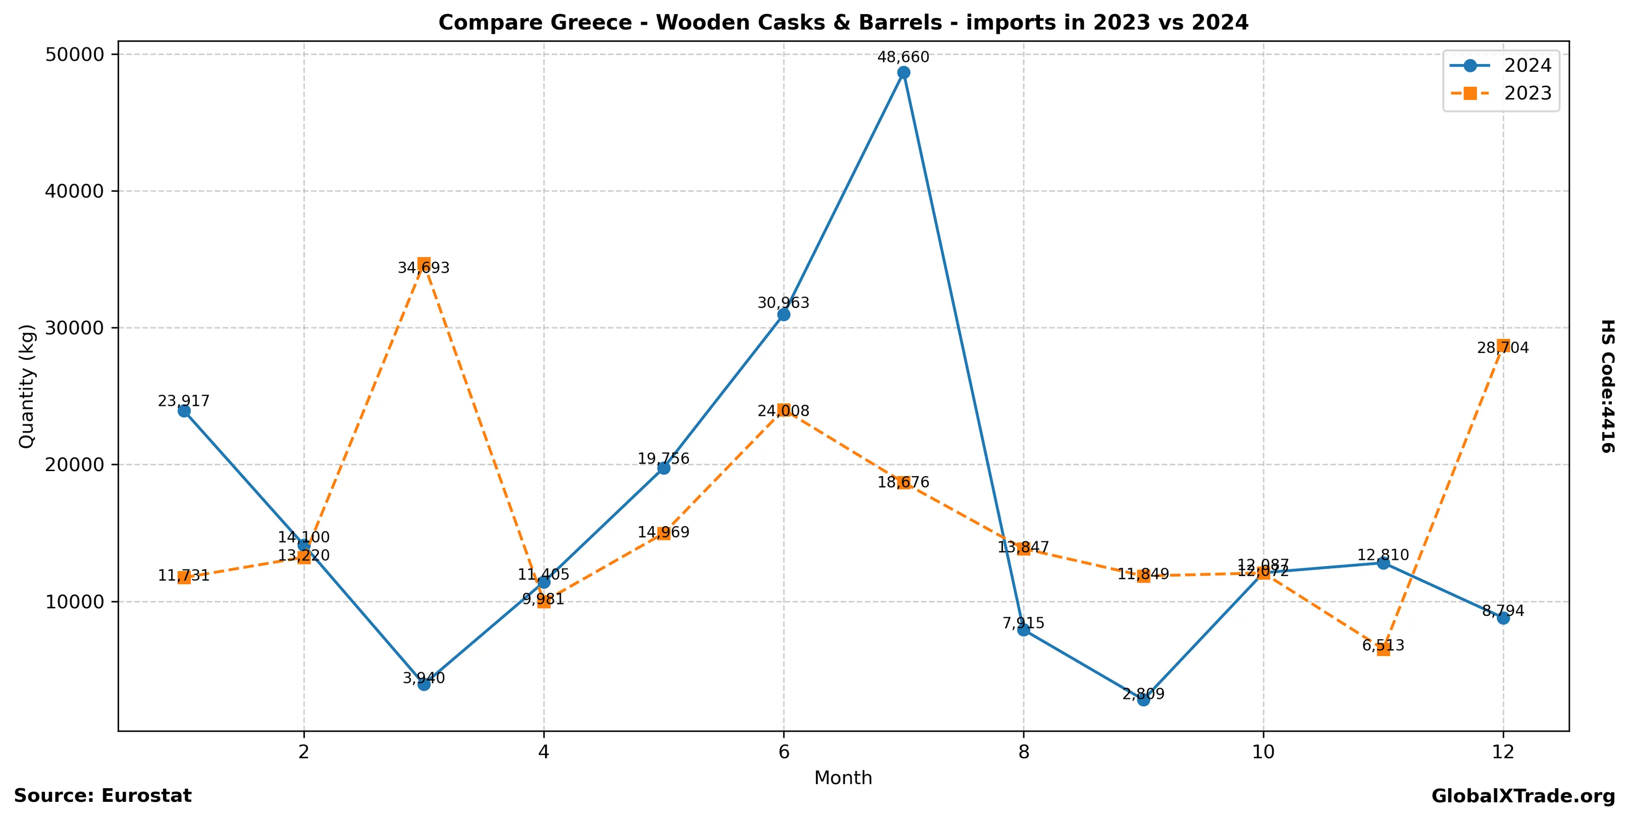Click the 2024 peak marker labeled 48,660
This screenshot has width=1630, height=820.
pos(904,73)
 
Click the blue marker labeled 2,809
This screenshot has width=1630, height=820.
pos(1143,699)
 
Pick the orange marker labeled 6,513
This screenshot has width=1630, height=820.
pos(1383,649)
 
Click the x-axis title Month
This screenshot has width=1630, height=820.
pos(843,778)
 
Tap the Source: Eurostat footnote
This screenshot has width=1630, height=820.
pos(102,795)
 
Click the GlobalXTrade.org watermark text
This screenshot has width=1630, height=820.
pos(1523,796)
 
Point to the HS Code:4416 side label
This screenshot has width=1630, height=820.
pos(1607,386)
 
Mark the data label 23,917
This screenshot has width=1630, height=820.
pos(184,401)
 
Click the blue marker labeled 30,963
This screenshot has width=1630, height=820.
pos(783,315)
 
